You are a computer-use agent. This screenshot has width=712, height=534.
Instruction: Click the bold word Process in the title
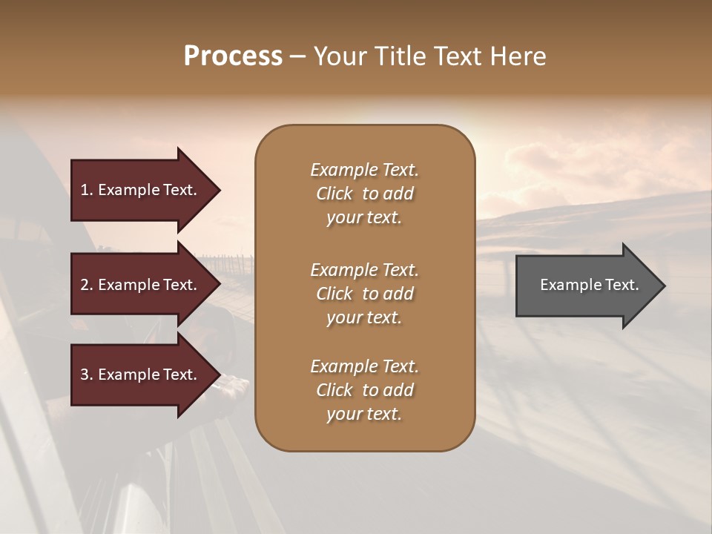(x=233, y=56)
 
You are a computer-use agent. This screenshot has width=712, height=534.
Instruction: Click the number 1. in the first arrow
(x=87, y=190)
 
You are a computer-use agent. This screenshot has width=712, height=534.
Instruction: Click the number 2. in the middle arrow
(x=87, y=285)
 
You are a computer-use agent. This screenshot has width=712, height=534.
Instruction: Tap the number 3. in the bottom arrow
(x=87, y=375)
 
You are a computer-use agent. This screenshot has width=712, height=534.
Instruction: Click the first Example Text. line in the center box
(x=364, y=170)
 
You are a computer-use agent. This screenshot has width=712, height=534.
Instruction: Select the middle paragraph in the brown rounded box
(x=364, y=294)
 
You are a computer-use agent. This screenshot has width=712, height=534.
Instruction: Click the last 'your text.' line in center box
(x=364, y=415)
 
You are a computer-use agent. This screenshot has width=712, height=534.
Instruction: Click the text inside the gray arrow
(x=589, y=285)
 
